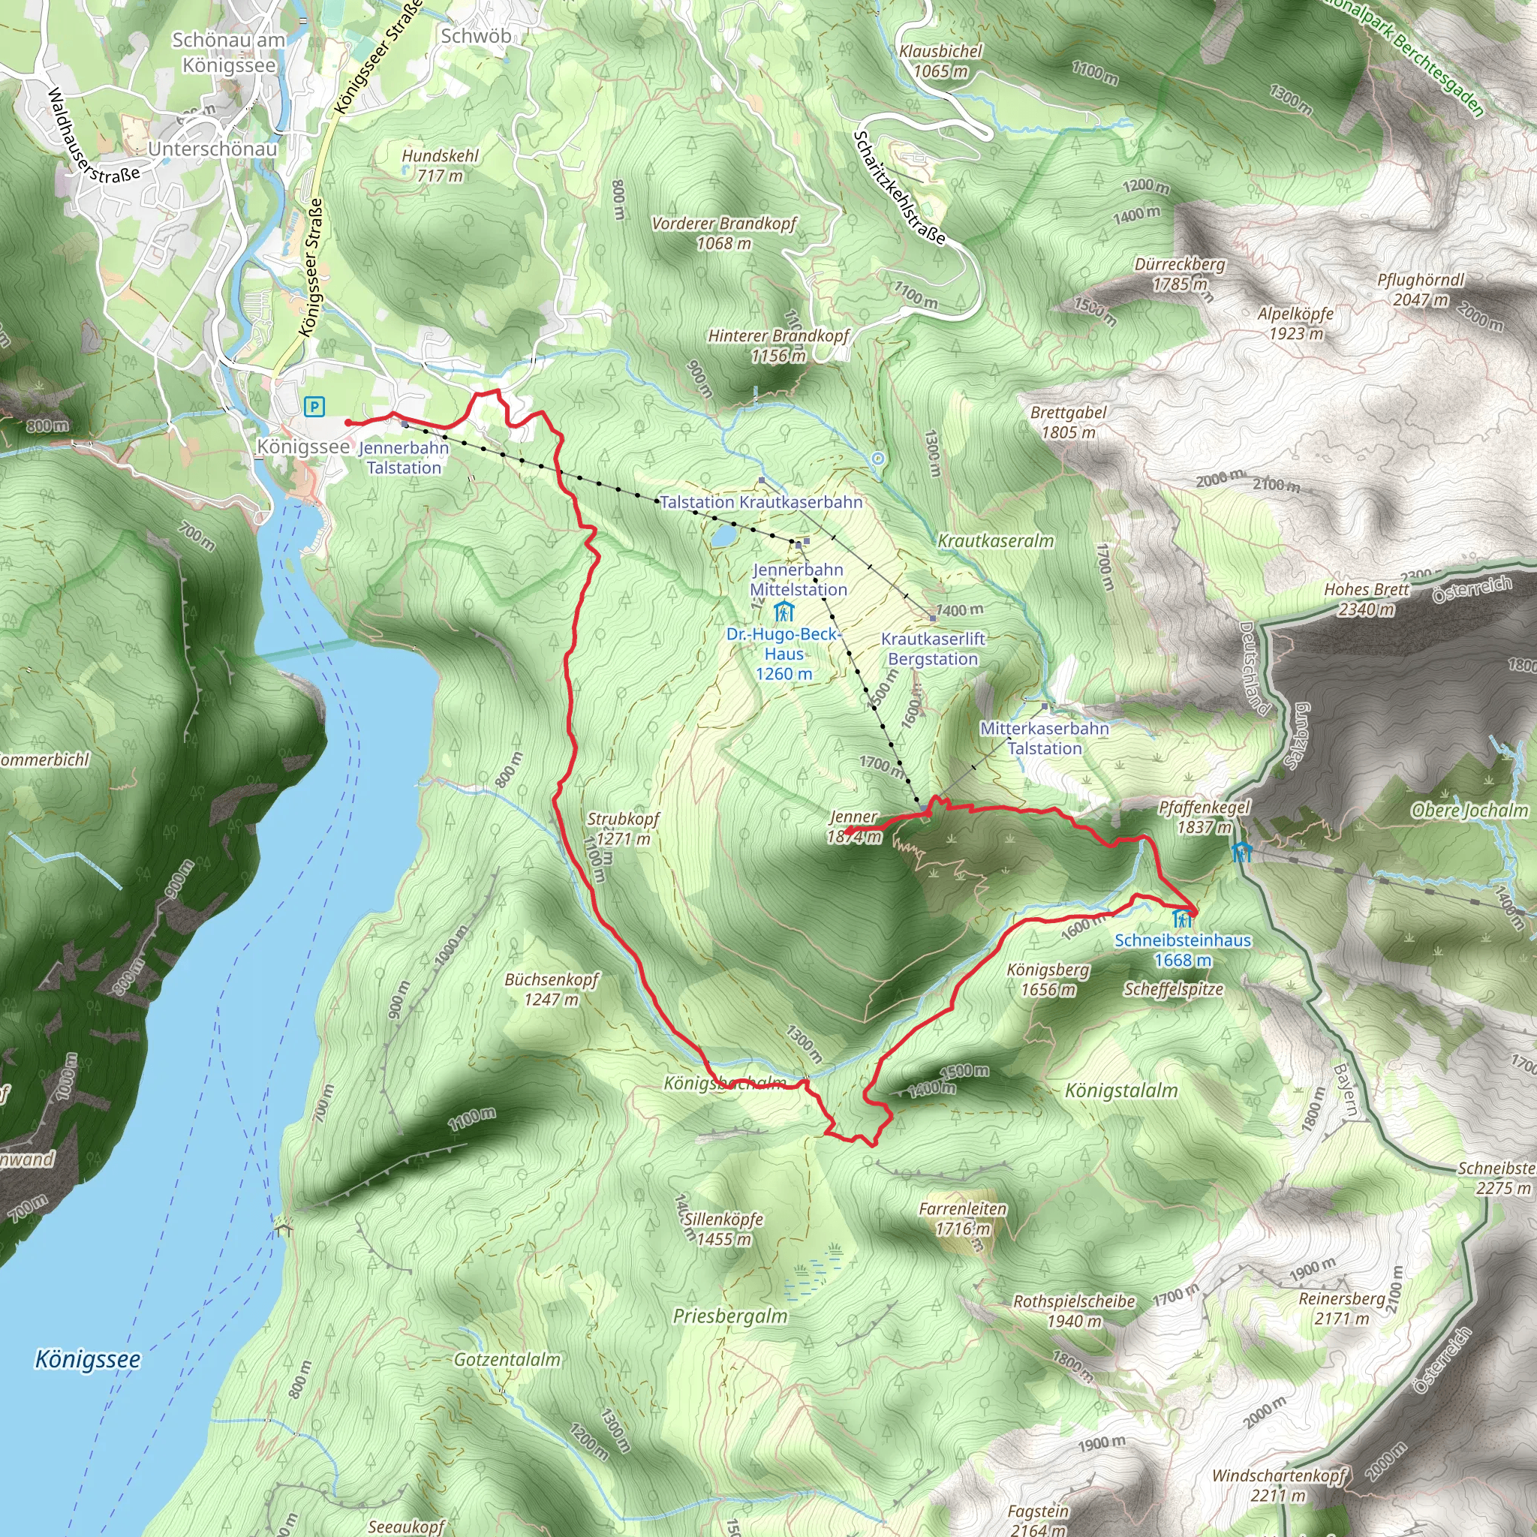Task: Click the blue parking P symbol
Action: click(x=314, y=408)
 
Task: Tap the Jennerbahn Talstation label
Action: click(x=405, y=459)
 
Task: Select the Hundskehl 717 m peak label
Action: click(x=440, y=165)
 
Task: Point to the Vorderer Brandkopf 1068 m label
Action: click(x=723, y=234)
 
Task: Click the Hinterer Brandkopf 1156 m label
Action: click(x=779, y=346)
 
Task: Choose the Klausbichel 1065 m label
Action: click(x=940, y=62)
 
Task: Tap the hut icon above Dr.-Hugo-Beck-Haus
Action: click(x=784, y=612)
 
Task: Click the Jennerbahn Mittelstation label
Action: click(x=798, y=580)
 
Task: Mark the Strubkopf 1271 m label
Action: click(x=623, y=829)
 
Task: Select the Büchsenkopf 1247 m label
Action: click(x=552, y=989)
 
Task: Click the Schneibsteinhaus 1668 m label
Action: click(x=1182, y=950)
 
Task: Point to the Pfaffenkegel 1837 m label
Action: click(x=1205, y=817)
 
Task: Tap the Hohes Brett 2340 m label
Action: click(x=1366, y=599)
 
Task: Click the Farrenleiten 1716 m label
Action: click(x=963, y=1219)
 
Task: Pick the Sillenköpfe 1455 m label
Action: click(x=723, y=1229)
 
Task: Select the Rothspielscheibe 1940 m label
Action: click(x=1074, y=1311)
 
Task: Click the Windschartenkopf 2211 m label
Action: click(x=1277, y=1485)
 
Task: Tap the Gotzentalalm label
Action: click(x=507, y=1360)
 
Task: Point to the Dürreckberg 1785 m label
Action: click(x=1180, y=274)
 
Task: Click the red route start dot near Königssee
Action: click(x=348, y=423)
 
